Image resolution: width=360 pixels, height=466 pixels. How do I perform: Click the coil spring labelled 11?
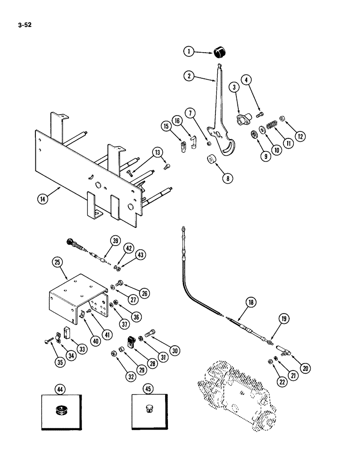(270, 127)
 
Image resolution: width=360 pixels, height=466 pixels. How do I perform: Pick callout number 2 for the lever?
(188, 76)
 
